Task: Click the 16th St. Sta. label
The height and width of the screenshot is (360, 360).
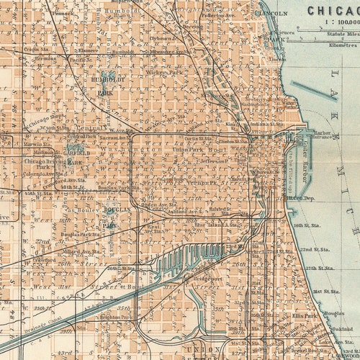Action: (309, 225)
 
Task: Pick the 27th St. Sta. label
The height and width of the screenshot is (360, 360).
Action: (320, 267)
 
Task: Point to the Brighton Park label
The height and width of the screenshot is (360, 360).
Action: (114, 317)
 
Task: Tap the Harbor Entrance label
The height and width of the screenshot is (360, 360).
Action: (323, 135)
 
